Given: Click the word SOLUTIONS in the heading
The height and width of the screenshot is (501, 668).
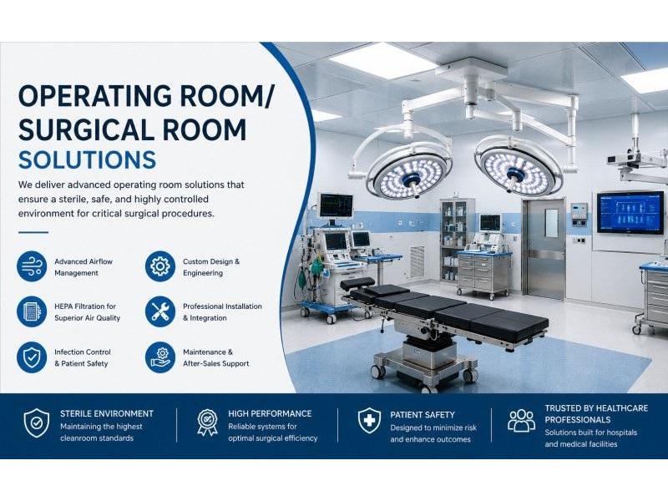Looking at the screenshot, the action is pyautogui.click(x=87, y=159).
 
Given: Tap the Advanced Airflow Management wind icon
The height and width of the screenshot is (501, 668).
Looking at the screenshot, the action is pyautogui.click(x=32, y=266).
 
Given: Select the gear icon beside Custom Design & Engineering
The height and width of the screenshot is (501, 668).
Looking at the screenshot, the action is pyautogui.click(x=160, y=266).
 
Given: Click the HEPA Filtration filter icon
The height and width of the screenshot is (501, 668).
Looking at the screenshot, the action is pyautogui.click(x=32, y=311).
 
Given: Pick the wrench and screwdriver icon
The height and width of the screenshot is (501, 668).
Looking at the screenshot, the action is pyautogui.click(x=160, y=311).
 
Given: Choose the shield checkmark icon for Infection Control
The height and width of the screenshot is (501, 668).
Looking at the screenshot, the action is pyautogui.click(x=32, y=357).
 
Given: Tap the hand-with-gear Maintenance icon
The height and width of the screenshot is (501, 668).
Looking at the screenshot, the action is pyautogui.click(x=160, y=357).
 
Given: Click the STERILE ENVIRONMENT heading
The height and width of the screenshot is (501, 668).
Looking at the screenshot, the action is pyautogui.click(x=107, y=413).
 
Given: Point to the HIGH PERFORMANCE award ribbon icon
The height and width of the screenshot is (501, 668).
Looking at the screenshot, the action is pyautogui.click(x=207, y=423).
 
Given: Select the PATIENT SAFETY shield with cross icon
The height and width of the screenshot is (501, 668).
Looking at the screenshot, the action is pyautogui.click(x=369, y=421).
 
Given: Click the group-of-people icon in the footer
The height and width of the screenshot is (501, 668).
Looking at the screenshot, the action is pyautogui.click(x=521, y=421).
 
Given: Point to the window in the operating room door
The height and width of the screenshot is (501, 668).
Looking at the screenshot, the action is pyautogui.click(x=551, y=223).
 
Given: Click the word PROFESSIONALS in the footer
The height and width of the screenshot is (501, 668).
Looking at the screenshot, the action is pyautogui.click(x=578, y=420).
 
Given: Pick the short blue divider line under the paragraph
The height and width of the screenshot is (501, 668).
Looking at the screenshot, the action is pyautogui.click(x=33, y=233).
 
